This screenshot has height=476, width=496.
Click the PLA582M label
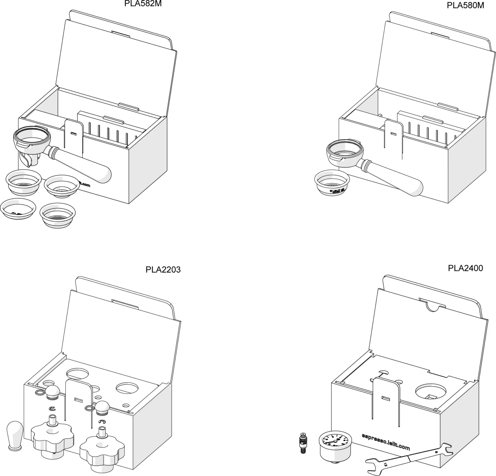[x=143, y=4]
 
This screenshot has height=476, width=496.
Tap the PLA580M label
[x=465, y=5]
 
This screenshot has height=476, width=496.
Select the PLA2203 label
[x=163, y=270]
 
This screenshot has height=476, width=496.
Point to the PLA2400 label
[x=465, y=268]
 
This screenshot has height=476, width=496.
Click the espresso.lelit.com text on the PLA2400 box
[x=386, y=441]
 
